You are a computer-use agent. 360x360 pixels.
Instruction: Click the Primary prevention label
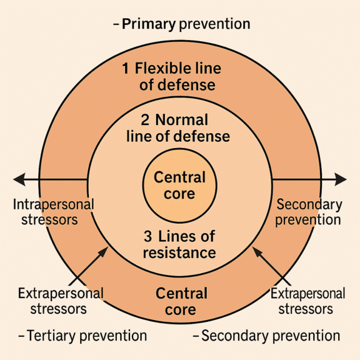(186, 24)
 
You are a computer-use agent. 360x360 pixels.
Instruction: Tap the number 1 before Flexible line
(126, 68)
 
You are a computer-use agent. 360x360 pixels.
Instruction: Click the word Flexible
(162, 68)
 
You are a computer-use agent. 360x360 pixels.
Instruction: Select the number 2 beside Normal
(145, 120)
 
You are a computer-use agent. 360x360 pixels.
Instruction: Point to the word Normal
(182, 120)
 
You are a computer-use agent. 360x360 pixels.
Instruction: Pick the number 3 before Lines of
(148, 236)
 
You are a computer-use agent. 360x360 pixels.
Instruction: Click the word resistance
(179, 252)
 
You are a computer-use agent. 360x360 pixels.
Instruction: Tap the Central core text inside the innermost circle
(179, 186)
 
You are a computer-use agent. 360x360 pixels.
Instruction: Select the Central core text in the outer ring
(181, 301)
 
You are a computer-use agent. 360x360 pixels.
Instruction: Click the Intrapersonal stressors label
(54, 212)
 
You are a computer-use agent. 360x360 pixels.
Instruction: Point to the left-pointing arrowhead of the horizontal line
(19, 179)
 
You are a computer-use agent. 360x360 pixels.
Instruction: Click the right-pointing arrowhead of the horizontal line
(340, 179)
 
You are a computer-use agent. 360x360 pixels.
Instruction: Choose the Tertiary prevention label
(87, 336)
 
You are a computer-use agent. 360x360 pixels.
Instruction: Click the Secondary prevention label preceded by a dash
(271, 336)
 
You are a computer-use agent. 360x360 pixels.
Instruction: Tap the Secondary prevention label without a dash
(309, 212)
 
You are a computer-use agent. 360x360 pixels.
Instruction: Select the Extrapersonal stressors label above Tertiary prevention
(61, 301)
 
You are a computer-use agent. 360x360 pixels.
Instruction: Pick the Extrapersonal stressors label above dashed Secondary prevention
(308, 301)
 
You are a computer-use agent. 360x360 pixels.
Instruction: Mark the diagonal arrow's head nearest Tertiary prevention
(103, 252)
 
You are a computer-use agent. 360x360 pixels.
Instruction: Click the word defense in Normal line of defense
(201, 136)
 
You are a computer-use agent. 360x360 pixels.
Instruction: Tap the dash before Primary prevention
(116, 24)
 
